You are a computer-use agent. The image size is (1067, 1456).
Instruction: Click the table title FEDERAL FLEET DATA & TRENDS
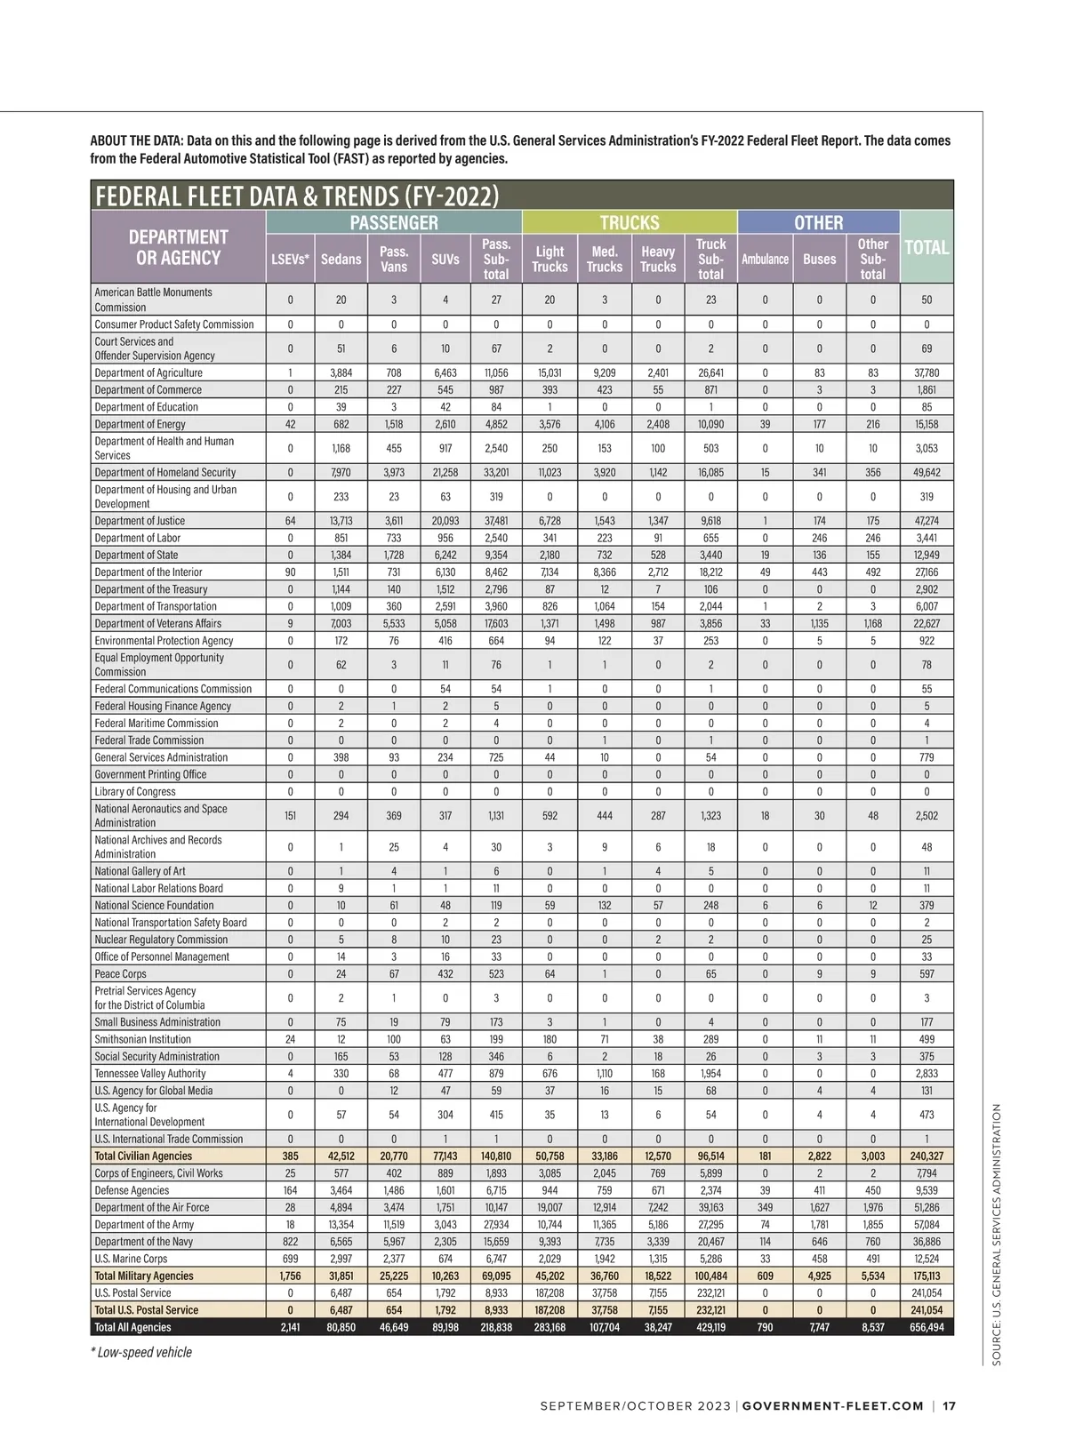point(297,196)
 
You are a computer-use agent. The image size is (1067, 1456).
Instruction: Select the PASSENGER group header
point(394,222)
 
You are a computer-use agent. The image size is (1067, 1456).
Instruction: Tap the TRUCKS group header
point(630,222)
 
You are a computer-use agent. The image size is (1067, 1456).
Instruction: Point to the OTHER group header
point(818,222)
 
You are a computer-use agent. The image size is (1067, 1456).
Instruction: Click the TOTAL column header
point(927,248)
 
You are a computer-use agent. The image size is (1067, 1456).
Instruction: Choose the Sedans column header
point(341,259)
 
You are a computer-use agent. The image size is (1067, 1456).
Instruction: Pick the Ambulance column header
point(765,259)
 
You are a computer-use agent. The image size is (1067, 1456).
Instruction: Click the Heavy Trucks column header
point(658,259)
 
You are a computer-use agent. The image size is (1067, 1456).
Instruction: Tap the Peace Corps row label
point(120,973)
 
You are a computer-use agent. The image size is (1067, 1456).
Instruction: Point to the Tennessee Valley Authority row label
point(150,1073)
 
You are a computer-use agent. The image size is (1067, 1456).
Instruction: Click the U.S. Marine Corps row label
point(131,1258)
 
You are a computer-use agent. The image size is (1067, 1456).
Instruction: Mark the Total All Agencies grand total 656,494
point(927,1327)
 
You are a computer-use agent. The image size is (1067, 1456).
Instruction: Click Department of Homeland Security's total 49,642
point(927,472)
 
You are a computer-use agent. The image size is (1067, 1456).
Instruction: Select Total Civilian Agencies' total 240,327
point(927,1156)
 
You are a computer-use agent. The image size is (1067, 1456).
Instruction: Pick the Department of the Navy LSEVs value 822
point(290,1241)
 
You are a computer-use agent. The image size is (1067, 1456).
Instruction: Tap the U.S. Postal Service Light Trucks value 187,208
point(550,1292)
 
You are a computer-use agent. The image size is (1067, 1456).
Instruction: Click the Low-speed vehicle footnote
point(141,1352)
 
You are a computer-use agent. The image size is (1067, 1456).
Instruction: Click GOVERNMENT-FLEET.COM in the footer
point(833,1406)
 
